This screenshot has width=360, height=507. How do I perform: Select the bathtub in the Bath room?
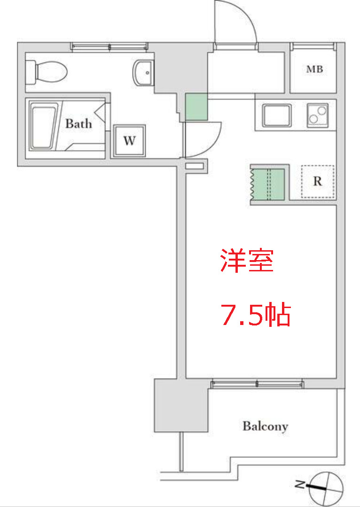pyautogui.click(x=44, y=126)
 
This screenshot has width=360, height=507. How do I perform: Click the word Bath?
pyautogui.click(x=78, y=124)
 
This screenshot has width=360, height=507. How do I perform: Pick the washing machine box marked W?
pyautogui.click(x=130, y=141)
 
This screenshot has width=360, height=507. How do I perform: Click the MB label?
pyautogui.click(x=314, y=70)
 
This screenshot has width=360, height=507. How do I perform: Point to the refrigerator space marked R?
pyautogui.click(x=318, y=182)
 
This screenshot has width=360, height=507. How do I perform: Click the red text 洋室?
pyautogui.click(x=247, y=261)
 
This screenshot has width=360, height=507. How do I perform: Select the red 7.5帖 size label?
pyautogui.click(x=256, y=316)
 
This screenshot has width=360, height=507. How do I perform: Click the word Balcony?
pyautogui.click(x=265, y=427)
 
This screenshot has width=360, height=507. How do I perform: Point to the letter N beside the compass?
pyautogui.click(x=300, y=483)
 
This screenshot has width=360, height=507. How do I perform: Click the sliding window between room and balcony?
pyautogui.click(x=257, y=384)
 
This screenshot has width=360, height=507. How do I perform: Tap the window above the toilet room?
pyautogui.click(x=110, y=46)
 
